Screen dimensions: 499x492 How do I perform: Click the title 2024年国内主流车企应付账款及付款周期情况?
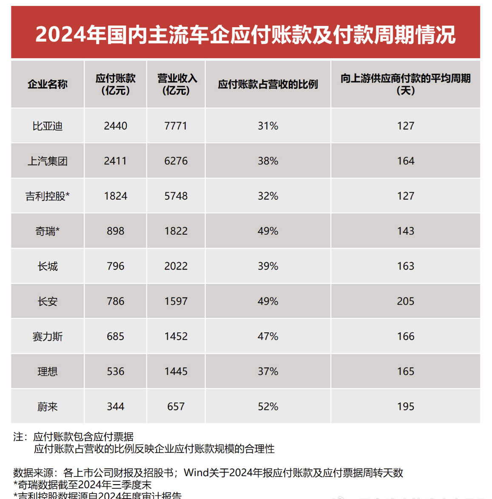point(245,34)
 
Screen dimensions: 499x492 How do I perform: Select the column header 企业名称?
point(48,84)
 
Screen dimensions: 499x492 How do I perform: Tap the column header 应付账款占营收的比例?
point(268,84)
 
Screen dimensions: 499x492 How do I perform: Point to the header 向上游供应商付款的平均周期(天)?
point(405,84)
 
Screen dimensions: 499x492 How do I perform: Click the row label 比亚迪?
point(48,126)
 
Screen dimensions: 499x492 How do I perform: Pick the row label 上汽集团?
point(48,161)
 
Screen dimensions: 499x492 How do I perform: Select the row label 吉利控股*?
point(48,196)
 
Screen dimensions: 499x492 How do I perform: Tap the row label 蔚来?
point(48,407)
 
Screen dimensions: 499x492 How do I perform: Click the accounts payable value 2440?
point(116,126)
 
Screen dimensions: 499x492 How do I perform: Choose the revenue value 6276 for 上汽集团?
point(176,161)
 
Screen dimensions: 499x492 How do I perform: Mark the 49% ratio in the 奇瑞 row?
point(268,231)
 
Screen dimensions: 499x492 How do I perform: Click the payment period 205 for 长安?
point(406,301)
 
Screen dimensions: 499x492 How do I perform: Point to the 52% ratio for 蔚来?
point(268,407)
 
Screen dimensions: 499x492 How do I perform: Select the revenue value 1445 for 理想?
point(176,371)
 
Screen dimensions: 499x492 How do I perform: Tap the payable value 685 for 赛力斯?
point(116,337)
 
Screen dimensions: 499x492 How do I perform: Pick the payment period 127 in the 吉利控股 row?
point(406,196)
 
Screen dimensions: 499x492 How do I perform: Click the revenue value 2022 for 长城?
point(176,267)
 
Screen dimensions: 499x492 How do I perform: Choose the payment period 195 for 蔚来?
point(406,407)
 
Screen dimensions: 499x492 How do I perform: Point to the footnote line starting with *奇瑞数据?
point(82,485)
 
